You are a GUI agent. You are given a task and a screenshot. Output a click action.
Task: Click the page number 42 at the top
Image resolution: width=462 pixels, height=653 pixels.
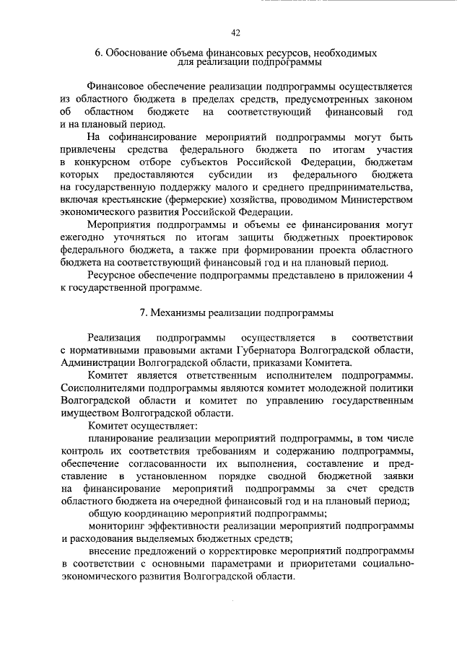coord(235,32)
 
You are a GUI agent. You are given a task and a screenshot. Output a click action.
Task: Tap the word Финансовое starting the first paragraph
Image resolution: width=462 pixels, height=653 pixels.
coord(117,86)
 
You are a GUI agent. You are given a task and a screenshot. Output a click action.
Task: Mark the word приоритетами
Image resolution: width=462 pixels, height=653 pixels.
coord(326,566)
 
